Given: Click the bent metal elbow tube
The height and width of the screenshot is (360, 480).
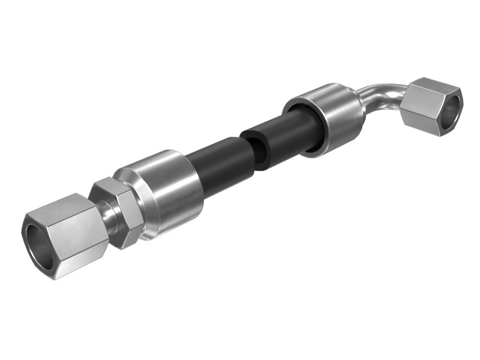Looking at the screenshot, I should point(384,96).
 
